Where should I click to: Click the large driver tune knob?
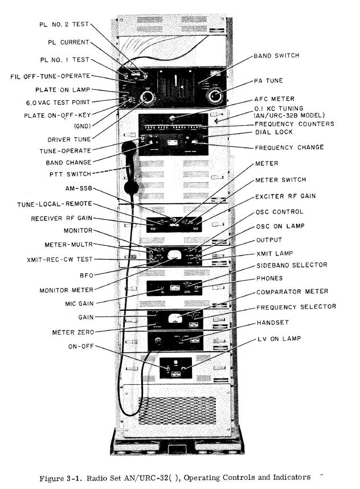point(146,98)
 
